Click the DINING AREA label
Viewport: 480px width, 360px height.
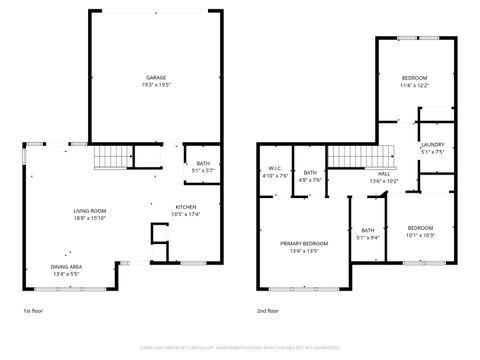pos(68,266)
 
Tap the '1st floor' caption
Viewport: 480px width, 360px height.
pos(34,311)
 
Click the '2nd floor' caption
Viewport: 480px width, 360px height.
pos(268,311)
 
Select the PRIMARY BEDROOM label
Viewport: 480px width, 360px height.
pos(303,243)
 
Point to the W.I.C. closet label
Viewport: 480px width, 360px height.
pos(275,168)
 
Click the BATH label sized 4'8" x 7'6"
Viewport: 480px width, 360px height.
pos(310,173)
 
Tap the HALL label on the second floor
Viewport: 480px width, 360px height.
pos(384,173)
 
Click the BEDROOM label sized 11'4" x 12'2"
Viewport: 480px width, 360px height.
pos(414,77)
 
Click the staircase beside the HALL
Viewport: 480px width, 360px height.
pos(349,156)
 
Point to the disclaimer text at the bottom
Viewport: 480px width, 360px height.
pos(240,349)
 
